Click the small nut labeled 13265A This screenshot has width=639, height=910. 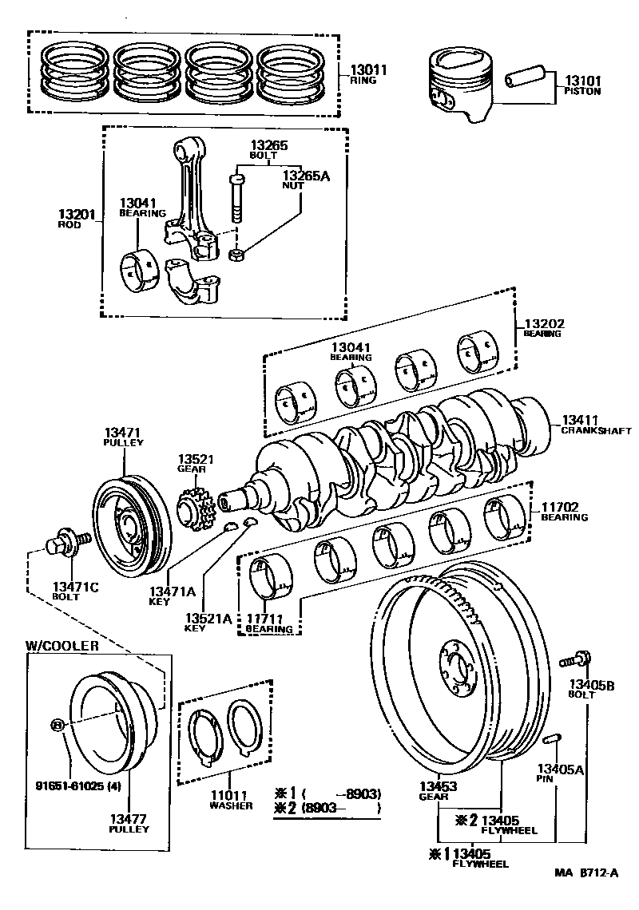point(236,255)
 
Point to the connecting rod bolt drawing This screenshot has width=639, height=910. point(236,196)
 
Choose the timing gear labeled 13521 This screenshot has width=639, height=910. point(192,508)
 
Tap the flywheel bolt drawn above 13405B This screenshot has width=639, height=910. point(575,659)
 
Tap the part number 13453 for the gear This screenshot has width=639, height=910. point(439,786)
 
